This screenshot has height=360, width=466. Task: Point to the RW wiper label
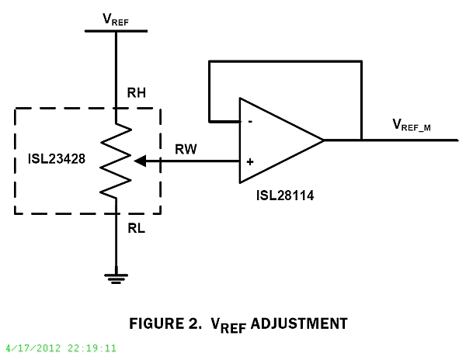186,148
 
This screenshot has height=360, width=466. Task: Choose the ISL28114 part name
284,196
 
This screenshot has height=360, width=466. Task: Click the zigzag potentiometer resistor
115,161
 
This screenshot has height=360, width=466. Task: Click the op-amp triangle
276,141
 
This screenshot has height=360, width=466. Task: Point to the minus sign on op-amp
249,122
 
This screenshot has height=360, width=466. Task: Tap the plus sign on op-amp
249,162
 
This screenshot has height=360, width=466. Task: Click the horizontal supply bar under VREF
115,31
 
